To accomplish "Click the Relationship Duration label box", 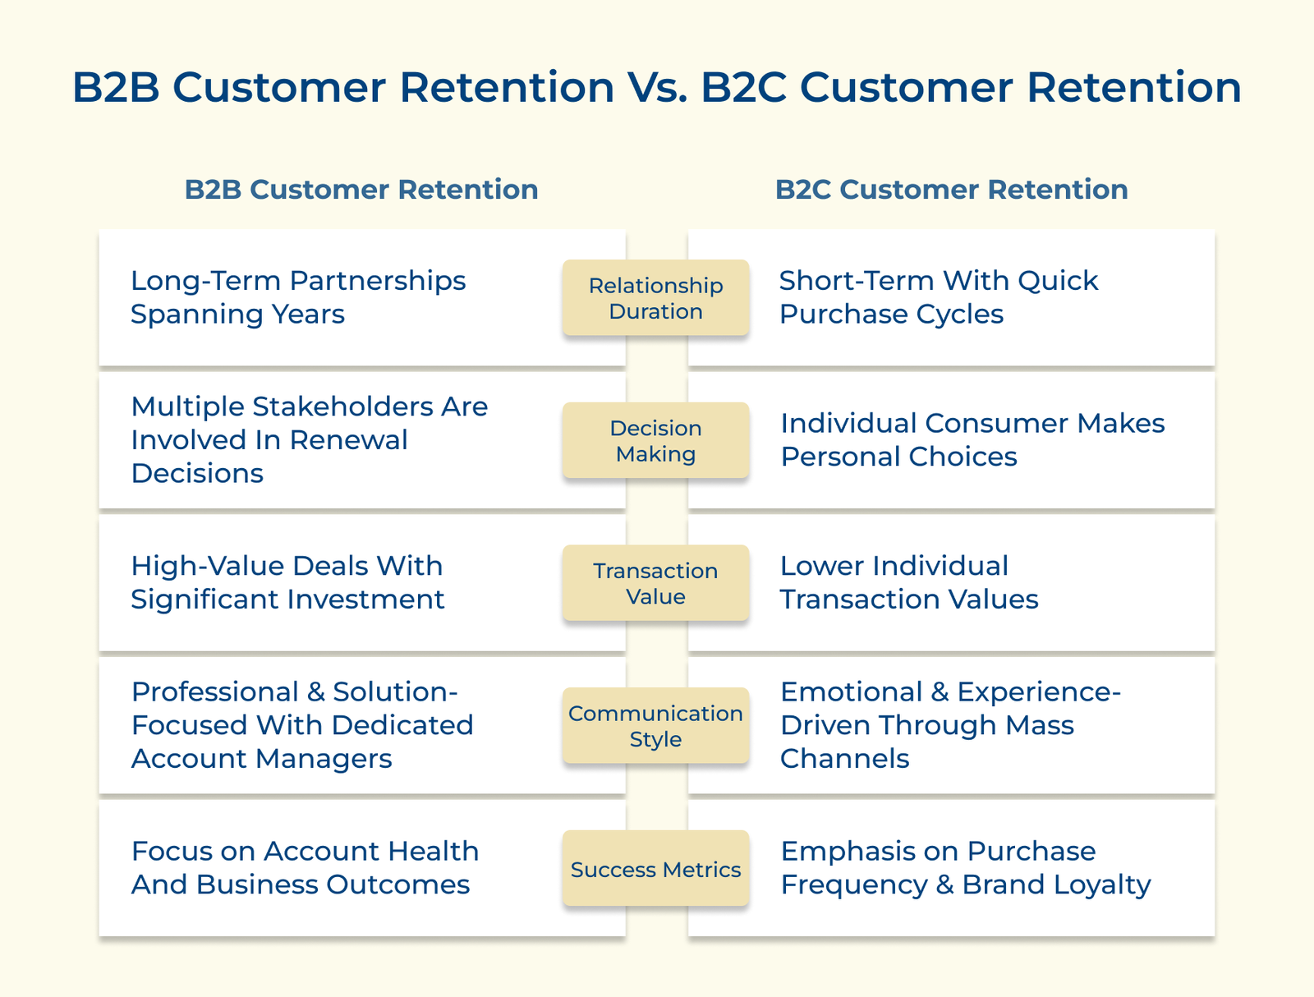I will point(655,298).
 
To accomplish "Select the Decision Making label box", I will point(655,441).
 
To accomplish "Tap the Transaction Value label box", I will point(655,583).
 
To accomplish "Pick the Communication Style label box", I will point(655,726).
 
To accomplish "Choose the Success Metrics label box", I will point(655,869).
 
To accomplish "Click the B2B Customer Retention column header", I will point(361,190).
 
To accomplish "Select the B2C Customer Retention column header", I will point(951,190).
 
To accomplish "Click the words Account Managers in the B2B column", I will point(261,759).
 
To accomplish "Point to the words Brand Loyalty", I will point(1056,885).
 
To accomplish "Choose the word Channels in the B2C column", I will point(844,759).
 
